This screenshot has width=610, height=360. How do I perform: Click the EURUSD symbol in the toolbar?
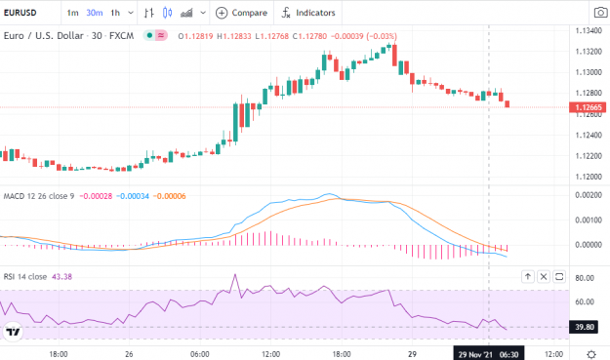pyautogui.click(x=20, y=13)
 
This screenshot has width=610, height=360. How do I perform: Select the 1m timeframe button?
pyautogui.click(x=72, y=13)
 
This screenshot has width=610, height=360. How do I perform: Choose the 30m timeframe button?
pyautogui.click(x=94, y=13)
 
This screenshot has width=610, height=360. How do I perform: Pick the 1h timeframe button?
pyautogui.click(x=115, y=13)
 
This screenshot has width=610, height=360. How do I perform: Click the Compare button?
pyautogui.click(x=241, y=13)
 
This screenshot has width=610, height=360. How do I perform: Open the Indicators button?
pyautogui.click(x=308, y=13)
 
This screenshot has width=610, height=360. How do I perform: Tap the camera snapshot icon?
pyautogui.click(x=601, y=13)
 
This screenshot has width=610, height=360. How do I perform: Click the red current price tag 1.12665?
pyautogui.click(x=588, y=107)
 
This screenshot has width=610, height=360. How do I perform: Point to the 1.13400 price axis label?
pyautogui.click(x=589, y=30)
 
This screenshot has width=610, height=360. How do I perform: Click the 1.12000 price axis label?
pyautogui.click(x=589, y=177)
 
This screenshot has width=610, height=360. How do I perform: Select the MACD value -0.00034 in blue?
pyautogui.click(x=133, y=196)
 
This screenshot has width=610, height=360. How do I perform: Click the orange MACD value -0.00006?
pyautogui.click(x=170, y=196)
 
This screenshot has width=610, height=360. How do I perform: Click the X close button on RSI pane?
pyautogui.click(x=544, y=277)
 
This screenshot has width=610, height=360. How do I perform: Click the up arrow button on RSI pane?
pyautogui.click(x=528, y=277)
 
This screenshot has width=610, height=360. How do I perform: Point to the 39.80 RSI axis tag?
pyautogui.click(x=585, y=327)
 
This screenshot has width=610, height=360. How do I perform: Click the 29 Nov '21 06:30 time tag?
pyautogui.click(x=489, y=354)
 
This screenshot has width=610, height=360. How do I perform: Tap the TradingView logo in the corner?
pyautogui.click(x=13, y=332)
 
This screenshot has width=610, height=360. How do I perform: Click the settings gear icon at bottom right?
pyautogui.click(x=591, y=354)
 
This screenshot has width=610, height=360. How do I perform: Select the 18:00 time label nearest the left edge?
pyautogui.click(x=59, y=354)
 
